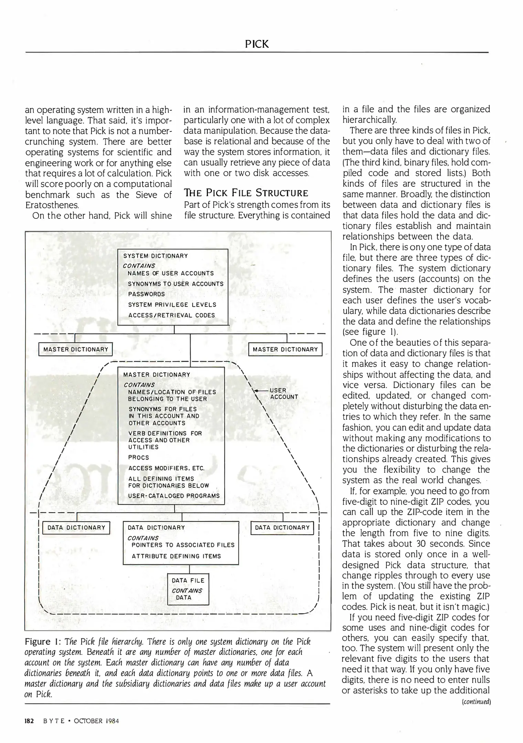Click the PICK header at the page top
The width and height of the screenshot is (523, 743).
(257, 44)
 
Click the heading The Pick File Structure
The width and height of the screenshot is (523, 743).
(246, 193)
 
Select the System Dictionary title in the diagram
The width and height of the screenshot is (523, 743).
(156, 256)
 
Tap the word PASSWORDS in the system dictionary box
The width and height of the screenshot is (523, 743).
(147, 294)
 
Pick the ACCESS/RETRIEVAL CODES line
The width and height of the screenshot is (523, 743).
(172, 315)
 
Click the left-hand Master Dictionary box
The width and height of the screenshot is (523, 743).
(76, 349)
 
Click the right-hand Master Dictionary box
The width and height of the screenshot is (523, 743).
(285, 349)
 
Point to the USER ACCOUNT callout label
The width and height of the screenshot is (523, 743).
(284, 394)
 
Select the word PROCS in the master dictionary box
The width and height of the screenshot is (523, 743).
(139, 458)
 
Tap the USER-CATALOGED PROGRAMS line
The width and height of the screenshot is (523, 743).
(174, 496)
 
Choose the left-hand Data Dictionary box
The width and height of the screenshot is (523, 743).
(76, 528)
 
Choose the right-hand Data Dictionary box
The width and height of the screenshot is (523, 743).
(282, 528)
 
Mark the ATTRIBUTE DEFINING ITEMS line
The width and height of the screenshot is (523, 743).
(176, 556)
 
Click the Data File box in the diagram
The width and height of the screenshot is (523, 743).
(188, 589)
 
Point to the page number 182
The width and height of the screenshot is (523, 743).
(29, 721)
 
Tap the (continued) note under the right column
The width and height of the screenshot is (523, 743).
(476, 702)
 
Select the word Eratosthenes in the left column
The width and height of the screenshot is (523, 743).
(52, 205)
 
